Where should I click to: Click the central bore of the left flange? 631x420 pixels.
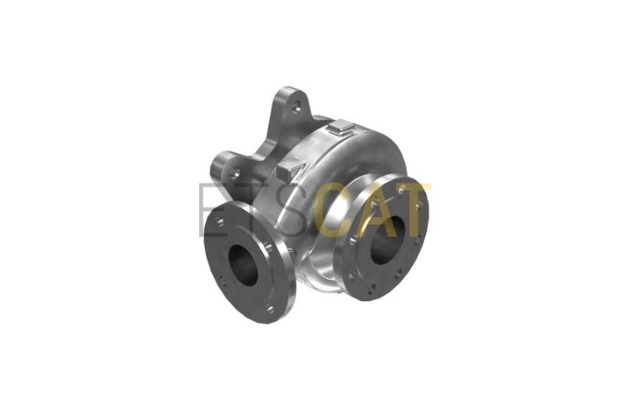pos(243,265)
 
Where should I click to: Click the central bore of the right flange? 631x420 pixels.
pos(388,240)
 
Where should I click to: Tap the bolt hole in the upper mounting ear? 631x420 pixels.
pos(297,107)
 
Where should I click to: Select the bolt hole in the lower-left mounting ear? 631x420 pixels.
pos(236,173)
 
